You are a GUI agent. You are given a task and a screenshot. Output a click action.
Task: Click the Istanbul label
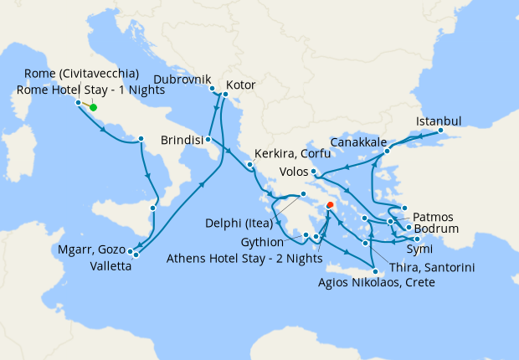(438, 121)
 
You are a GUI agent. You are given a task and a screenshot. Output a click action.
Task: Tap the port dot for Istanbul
(441, 131)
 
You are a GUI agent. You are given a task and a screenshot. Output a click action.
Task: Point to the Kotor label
(241, 85)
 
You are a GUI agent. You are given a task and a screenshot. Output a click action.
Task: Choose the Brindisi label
(183, 141)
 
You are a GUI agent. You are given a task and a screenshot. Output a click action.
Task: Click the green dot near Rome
(93, 107)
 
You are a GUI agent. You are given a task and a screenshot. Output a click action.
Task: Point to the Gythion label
(273, 241)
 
